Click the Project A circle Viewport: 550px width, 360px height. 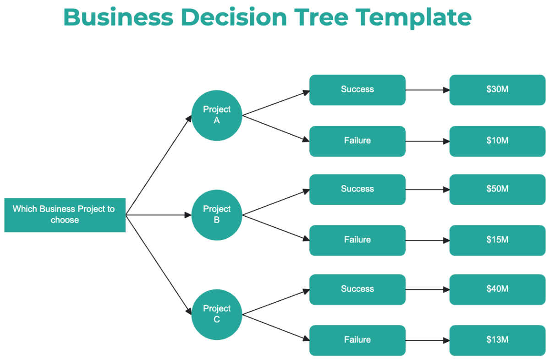217,115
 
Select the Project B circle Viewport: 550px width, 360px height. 217,214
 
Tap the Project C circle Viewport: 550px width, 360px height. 217,314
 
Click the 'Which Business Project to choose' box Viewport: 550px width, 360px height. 65,214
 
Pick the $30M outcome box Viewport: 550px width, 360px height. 497,90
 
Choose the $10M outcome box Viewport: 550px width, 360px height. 497,141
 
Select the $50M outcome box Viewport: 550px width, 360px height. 497,189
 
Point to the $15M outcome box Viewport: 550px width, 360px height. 497,240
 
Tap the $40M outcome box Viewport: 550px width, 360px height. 497,289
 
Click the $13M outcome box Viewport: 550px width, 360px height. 497,340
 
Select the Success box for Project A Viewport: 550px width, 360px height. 357,90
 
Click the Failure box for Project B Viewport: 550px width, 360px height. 357,240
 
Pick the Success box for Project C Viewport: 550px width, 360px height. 357,289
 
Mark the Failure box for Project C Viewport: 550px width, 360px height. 357,340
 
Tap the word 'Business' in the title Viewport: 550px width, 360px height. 118,17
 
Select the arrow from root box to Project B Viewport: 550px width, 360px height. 158,215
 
